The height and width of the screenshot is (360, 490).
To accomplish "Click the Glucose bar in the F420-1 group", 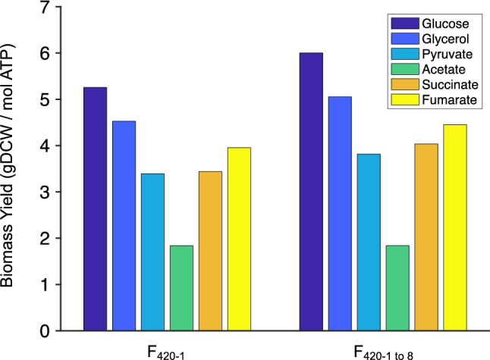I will tap(95, 209).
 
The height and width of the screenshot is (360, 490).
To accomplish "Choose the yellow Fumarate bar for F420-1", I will tap(239, 239).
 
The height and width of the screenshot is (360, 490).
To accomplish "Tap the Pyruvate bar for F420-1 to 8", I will tap(369, 243).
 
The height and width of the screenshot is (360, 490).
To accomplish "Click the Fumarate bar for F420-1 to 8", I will tap(455, 227).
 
